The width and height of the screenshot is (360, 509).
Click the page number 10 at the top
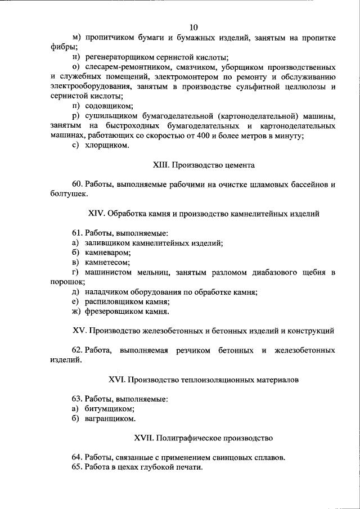tap(193, 27)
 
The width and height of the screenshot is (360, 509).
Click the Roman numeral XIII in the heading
tap(161, 165)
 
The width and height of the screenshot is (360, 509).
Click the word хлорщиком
tap(107, 146)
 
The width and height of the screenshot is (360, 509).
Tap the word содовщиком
tap(109, 106)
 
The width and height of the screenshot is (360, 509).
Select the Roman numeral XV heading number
tap(79, 331)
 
